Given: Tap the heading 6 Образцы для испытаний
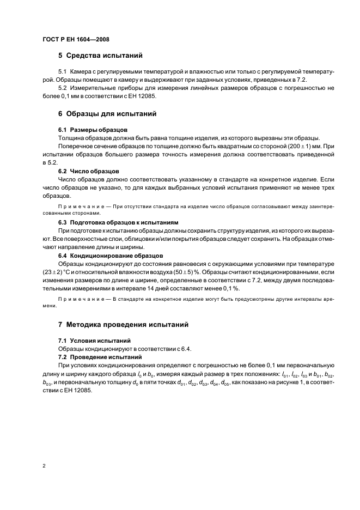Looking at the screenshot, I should pos(107,114).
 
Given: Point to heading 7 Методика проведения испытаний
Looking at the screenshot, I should pos(123,324).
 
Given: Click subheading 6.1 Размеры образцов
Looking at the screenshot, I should pos(93,130).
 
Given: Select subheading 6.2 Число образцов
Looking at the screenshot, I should pos(88,171).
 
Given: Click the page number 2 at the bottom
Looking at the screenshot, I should pos(44,465).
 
